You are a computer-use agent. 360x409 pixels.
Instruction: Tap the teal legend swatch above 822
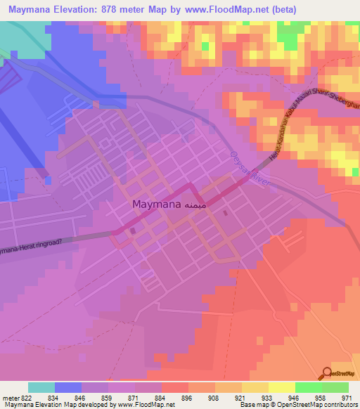point(41,387)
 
